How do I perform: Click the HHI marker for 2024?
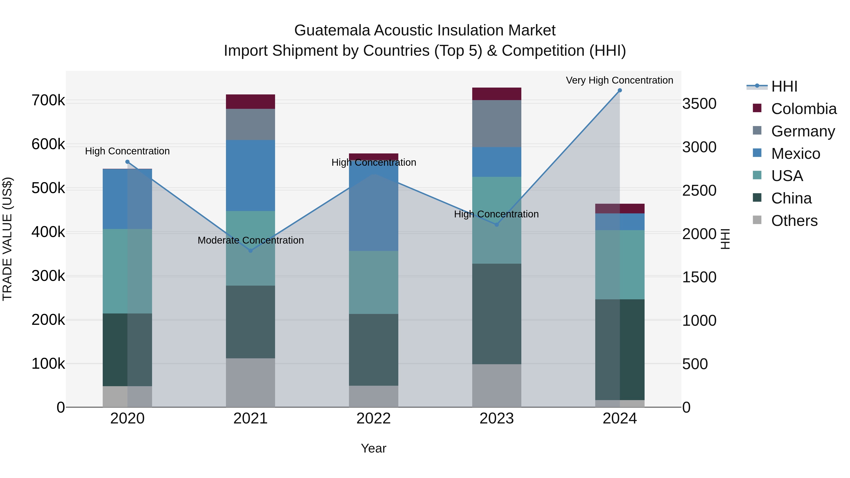[x=620, y=90]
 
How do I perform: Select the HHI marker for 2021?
[x=251, y=251]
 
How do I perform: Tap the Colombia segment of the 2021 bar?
[x=251, y=102]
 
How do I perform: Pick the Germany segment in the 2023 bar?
[x=497, y=124]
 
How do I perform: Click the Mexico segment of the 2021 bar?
[x=251, y=175]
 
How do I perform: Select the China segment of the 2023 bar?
[x=497, y=314]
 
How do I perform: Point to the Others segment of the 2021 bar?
[x=251, y=383]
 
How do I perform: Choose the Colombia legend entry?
[x=803, y=109]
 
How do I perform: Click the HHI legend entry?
[x=784, y=86]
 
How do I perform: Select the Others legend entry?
[x=794, y=221]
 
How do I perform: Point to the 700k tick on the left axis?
[x=48, y=100]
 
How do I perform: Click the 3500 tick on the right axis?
[x=699, y=104]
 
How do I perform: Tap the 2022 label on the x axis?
[x=374, y=419]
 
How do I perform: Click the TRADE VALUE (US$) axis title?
[x=7, y=239]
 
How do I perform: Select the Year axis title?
[x=374, y=448]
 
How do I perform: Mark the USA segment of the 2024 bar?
[x=620, y=265]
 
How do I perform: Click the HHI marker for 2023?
[x=497, y=225]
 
